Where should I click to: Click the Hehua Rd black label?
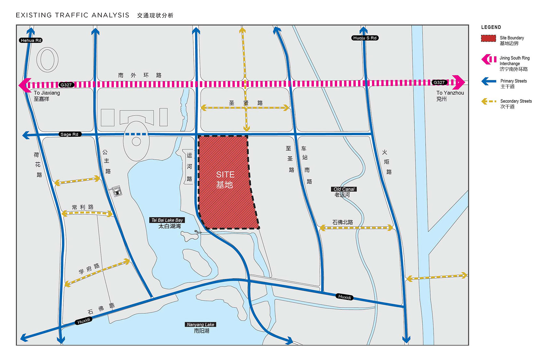pos(31,40)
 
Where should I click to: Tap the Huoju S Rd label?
pos(365,38)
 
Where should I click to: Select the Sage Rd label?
pos(69,134)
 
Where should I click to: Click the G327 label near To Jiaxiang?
pos(66,85)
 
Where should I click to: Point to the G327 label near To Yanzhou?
pos(439,82)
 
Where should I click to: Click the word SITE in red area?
pos(225,175)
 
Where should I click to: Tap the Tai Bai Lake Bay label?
pos(167,220)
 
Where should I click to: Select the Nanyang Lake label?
pos(200,324)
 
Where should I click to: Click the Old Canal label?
pos(344,189)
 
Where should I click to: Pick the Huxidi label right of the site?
pos(344,297)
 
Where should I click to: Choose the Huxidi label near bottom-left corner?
pos(84,321)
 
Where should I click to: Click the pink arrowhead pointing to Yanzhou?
pos(459,82)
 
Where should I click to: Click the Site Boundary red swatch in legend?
pos(488,38)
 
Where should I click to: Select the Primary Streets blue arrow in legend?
pos(488,81)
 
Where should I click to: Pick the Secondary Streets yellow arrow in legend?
pos(488,101)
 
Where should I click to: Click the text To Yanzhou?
pos(450,93)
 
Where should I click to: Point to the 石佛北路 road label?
pos(343,222)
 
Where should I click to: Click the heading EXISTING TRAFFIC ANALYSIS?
pos(72,15)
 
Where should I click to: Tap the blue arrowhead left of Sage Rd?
pos(26,135)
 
